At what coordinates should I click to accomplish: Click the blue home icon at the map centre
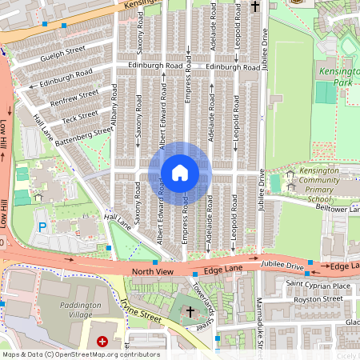pyautogui.click(x=180, y=172)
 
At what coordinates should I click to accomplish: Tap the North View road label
pyautogui.click(x=152, y=272)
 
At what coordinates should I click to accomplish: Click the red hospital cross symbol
pyautogui.click(x=102, y=342)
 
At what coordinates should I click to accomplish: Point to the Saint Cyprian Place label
pyautogui.click(x=318, y=286)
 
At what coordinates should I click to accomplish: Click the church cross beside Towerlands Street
pyautogui.click(x=190, y=310)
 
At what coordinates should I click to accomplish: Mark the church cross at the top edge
pyautogui.click(x=255, y=6)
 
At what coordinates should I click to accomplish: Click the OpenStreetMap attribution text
pyautogui.click(x=80, y=354)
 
